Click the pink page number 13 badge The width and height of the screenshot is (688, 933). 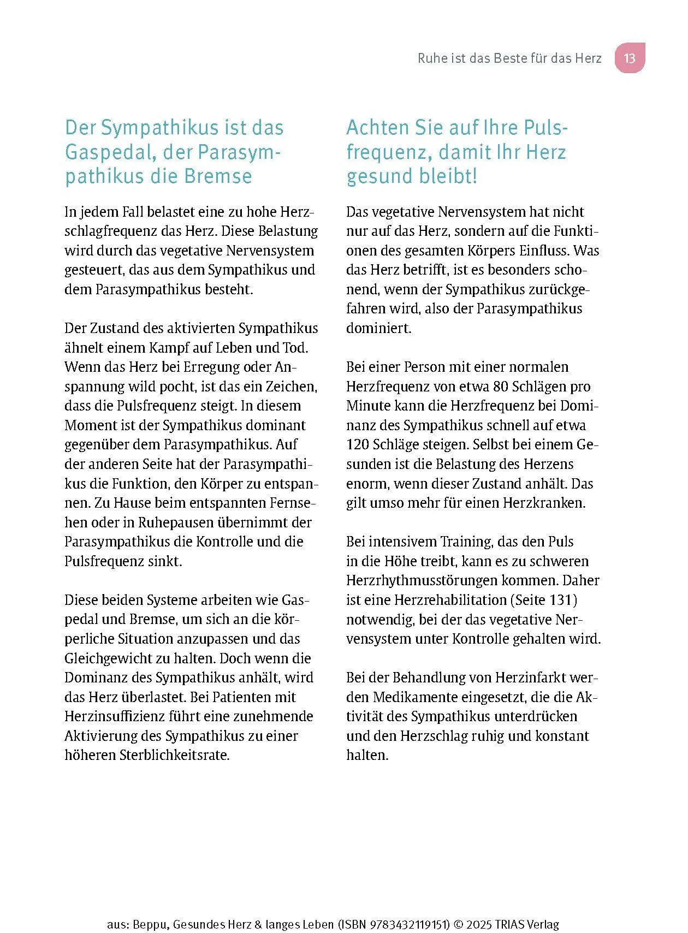pos(630,58)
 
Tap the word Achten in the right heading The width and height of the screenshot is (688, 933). pos(378,128)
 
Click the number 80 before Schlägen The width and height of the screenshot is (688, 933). pos(501,387)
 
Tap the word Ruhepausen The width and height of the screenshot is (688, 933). pos(169,522)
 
